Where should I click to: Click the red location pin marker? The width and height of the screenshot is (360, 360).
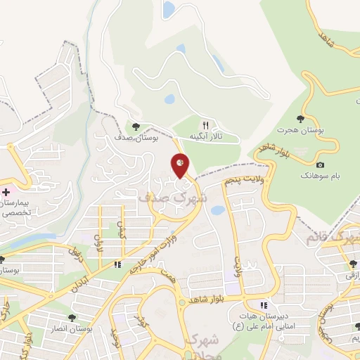tap(181, 165)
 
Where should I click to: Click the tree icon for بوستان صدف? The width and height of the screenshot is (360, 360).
tap(136, 127)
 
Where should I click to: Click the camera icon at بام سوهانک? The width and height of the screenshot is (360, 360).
tap(321, 165)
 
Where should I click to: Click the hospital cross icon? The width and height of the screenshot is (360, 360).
tap(6, 191)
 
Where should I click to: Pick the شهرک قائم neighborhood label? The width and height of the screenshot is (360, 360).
tap(332, 238)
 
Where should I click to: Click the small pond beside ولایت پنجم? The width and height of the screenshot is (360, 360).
tap(218, 210)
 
